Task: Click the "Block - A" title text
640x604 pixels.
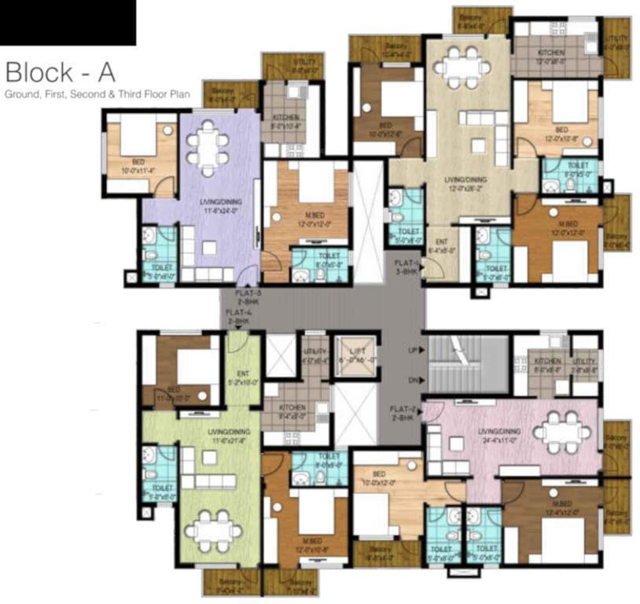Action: pos(61,72)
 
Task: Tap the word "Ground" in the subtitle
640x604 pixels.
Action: pos(22,94)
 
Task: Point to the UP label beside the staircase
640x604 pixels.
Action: pos(412,349)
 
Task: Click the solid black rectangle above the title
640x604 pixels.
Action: pos(68,22)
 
